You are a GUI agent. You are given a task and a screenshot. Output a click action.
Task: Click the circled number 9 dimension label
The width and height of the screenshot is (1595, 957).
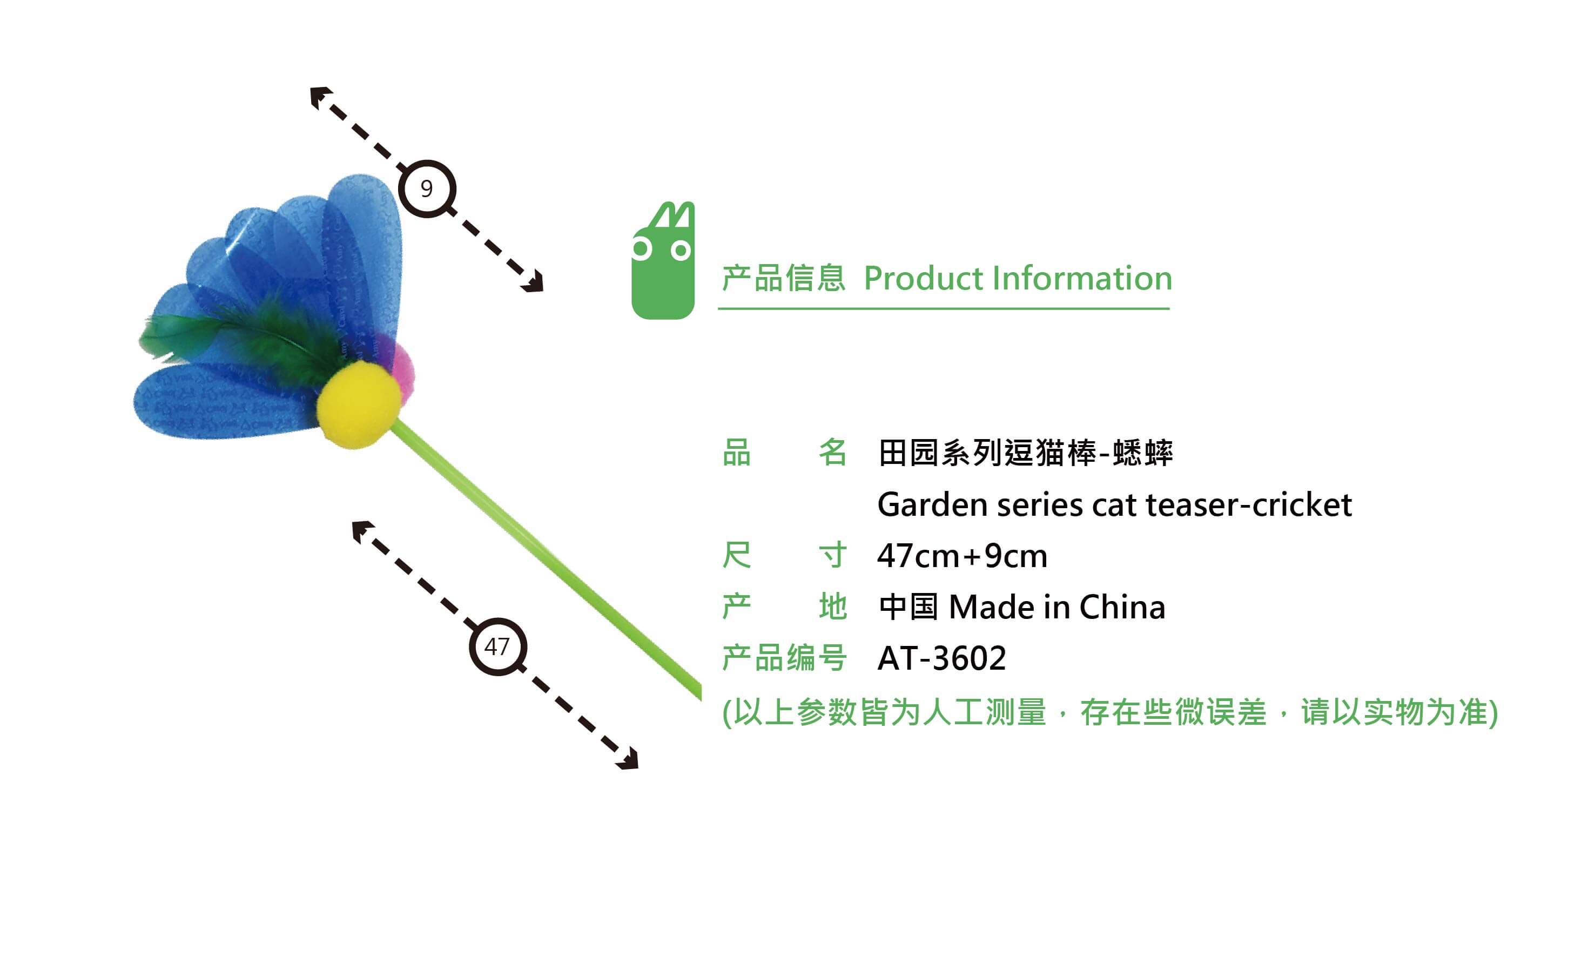coord(427,188)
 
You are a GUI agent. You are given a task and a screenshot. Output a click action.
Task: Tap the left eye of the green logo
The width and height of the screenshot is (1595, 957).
coord(641,248)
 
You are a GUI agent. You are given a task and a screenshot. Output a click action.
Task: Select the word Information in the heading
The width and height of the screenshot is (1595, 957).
coord(1082,278)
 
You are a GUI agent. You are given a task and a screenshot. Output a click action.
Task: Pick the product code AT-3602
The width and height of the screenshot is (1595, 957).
coord(941,658)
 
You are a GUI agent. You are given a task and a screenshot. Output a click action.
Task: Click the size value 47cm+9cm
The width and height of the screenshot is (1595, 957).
coord(963,556)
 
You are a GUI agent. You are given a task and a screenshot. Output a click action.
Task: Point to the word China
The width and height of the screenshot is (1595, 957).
coord(1122,607)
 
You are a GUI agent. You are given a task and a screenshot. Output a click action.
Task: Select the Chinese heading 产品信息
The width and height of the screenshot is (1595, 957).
coord(784,279)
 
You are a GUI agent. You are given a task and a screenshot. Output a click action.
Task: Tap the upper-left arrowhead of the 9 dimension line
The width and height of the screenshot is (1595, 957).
coord(320,97)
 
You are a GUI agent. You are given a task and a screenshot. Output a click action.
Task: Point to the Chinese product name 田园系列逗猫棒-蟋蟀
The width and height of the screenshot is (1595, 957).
coord(1026,453)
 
